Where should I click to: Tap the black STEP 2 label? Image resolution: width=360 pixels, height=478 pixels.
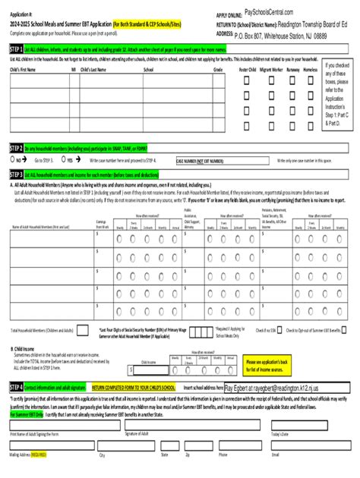[x=14, y=149]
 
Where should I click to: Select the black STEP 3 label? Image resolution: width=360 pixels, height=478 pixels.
[x=14, y=174]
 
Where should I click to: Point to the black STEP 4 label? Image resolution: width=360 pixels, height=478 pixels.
[x=14, y=386]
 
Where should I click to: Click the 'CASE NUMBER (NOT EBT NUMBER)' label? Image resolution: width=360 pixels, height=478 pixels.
[x=199, y=161]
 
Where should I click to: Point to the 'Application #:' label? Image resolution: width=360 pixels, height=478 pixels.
[x=21, y=14]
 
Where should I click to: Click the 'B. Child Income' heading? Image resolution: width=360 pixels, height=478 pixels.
[x=23, y=347]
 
